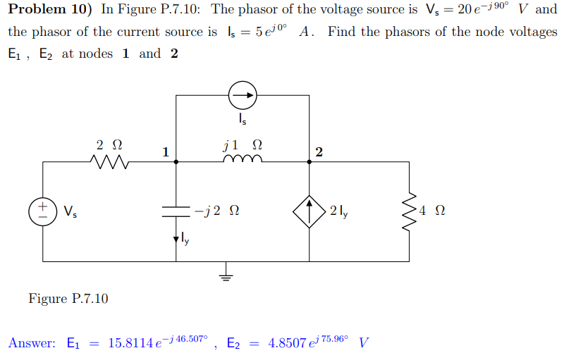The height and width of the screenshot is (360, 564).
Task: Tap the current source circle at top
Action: point(243,95)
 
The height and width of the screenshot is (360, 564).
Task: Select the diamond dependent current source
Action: point(310,211)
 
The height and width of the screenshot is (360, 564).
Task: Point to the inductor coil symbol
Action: point(243,161)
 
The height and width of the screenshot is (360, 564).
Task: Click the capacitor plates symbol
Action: point(176,211)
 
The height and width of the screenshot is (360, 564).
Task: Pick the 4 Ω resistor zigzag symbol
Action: point(409,211)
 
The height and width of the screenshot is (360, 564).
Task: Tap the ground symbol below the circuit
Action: point(226,273)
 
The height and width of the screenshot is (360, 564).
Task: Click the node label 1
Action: point(165,151)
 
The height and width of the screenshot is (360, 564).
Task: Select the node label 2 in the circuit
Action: point(319,152)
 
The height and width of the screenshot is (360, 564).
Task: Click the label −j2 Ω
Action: point(219,211)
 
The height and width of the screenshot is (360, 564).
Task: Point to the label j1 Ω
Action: point(243,145)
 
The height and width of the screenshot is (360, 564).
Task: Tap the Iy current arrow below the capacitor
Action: point(176,240)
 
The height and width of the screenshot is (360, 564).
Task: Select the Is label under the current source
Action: point(243,120)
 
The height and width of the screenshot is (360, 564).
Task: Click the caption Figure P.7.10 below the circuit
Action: point(68,299)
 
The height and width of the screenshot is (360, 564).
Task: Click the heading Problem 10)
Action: point(51,10)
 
